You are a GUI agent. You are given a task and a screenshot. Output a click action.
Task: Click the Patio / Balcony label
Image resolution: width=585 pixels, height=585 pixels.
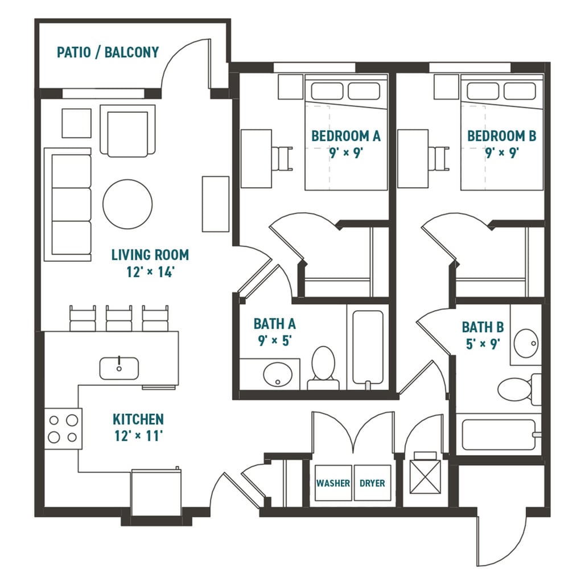[x=108, y=52]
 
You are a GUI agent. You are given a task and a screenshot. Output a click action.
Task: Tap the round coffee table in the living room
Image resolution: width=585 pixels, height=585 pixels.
[x=127, y=204]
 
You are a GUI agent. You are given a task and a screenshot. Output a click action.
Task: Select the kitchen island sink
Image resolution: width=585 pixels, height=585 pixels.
[x=119, y=368]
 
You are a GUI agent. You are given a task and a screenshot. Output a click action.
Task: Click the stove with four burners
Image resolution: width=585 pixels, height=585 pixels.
[x=63, y=429]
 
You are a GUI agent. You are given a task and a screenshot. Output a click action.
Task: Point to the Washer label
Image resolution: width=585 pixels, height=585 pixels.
[x=333, y=483]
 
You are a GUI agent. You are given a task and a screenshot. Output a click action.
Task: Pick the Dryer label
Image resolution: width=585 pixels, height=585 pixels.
[x=372, y=483]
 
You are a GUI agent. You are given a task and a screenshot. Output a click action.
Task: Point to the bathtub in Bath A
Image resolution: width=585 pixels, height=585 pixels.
[x=368, y=347]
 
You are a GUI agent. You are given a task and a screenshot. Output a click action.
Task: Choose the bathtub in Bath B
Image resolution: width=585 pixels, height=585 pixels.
[x=499, y=435]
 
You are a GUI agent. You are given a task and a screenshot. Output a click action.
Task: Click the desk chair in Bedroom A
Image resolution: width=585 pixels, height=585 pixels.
[x=283, y=158]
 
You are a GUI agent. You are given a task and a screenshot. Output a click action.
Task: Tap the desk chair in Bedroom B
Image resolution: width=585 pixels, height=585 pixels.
[x=439, y=158]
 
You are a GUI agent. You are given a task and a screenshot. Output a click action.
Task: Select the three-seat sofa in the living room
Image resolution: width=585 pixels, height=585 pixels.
[x=68, y=205]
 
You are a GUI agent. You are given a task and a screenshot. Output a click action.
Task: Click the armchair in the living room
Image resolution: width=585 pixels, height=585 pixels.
[x=127, y=131]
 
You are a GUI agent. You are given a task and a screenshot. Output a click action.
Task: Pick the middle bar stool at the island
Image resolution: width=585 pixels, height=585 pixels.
[x=119, y=318]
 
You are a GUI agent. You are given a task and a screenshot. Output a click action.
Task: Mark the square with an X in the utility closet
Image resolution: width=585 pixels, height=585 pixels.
[x=424, y=476]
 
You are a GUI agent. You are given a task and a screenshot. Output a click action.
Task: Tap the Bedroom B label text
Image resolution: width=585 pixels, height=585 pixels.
[x=501, y=136]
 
